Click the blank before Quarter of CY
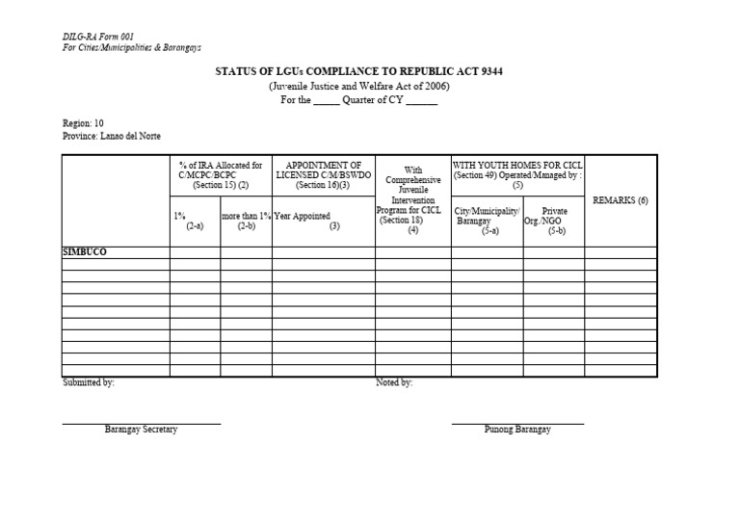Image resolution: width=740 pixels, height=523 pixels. tap(327, 100)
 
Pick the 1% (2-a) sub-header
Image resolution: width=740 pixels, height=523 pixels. tap(195, 221)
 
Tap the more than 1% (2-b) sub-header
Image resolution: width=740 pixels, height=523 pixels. tap(246, 221)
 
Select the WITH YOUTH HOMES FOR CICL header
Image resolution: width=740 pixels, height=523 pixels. tap(517, 171)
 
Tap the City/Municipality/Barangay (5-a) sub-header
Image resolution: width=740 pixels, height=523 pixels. tap(487, 221)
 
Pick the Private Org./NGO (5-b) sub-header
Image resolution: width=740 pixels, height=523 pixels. tap(554, 221)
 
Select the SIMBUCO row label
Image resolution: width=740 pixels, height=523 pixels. tap(85, 252)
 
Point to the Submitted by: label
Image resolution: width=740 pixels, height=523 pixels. tap(89, 382)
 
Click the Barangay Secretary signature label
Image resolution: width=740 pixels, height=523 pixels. tap(141, 430)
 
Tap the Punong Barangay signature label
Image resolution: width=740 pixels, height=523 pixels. tap(517, 430)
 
